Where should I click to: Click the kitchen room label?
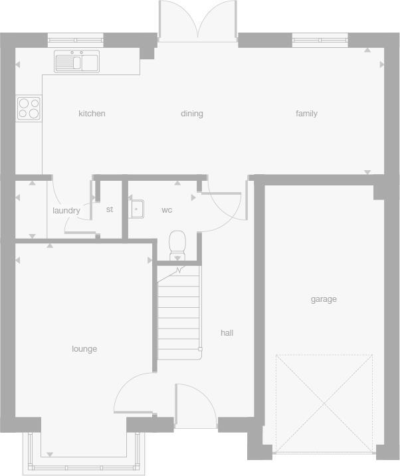(92, 114)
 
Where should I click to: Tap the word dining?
(191, 114)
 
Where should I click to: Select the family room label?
(306, 114)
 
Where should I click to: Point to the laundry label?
(66, 211)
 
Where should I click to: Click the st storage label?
(110, 209)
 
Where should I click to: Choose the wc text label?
(167, 210)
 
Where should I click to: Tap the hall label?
(227, 332)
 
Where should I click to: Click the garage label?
(324, 299)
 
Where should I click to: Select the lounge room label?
(84, 349)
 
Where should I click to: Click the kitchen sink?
(77, 62)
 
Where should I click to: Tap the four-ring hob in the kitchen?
(29, 108)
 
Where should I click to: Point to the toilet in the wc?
(177, 244)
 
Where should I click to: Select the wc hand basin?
(136, 209)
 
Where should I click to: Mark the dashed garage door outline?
(324, 404)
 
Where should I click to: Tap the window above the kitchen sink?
(76, 41)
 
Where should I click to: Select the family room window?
(320, 41)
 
